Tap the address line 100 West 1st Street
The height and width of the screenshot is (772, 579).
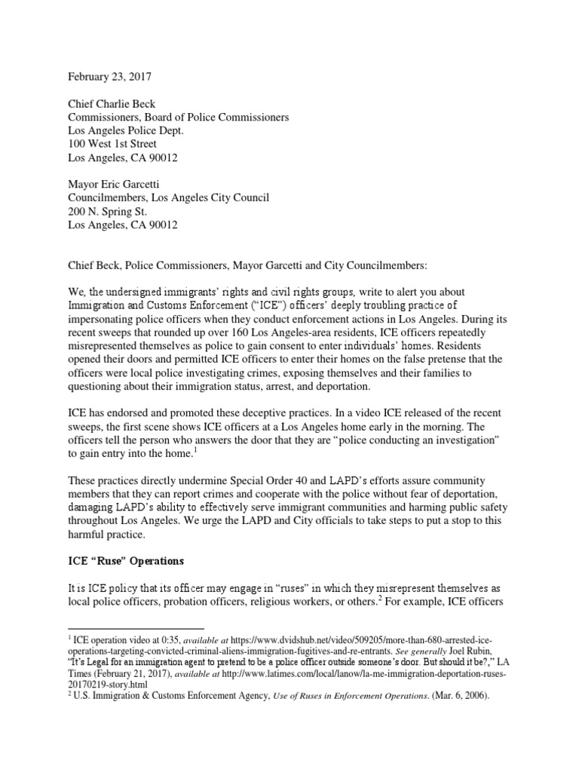click(x=112, y=143)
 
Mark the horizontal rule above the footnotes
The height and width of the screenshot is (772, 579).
click(x=136, y=628)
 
